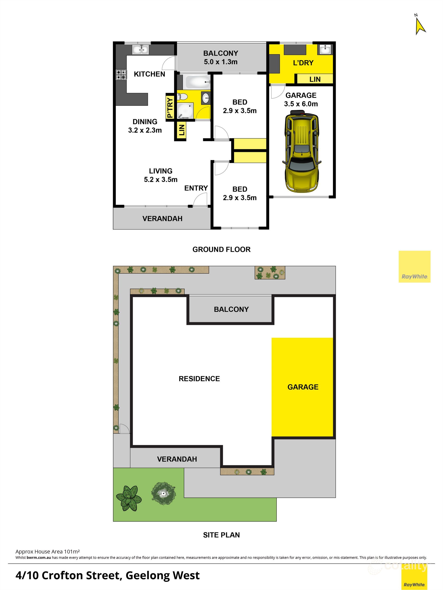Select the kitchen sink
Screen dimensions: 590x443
click(x=140, y=49)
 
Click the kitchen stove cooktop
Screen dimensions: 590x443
click(x=121, y=75)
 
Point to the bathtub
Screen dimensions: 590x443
click(x=197, y=82)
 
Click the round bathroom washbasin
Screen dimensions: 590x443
click(x=206, y=98)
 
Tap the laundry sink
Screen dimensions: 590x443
click(x=325, y=49)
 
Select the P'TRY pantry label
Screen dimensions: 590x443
click(x=170, y=107)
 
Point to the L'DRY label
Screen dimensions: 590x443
click(x=303, y=63)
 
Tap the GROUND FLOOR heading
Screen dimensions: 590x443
click(x=221, y=250)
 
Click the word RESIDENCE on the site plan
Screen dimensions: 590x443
click(x=199, y=379)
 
